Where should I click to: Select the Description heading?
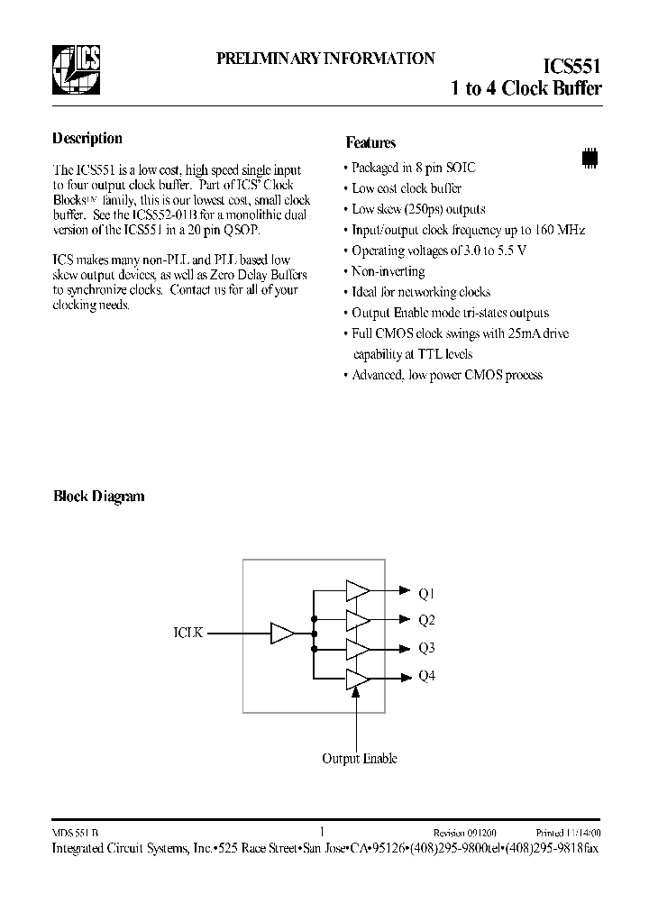pyautogui.click(x=87, y=139)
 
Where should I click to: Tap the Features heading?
pyautogui.click(x=370, y=142)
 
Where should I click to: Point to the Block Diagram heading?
pyautogui.click(x=99, y=497)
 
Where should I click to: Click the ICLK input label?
pyautogui.click(x=189, y=634)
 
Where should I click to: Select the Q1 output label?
pyautogui.click(x=427, y=592)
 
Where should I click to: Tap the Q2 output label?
pyautogui.click(x=427, y=620)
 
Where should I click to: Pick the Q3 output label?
pyautogui.click(x=427, y=648)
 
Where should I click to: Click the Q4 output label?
pyautogui.click(x=427, y=676)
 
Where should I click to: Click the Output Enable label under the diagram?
pyautogui.click(x=360, y=759)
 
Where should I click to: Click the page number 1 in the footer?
pyautogui.click(x=322, y=833)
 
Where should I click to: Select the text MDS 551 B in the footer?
pyautogui.click(x=76, y=834)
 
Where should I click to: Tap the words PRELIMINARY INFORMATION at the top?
pyautogui.click(x=325, y=59)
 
